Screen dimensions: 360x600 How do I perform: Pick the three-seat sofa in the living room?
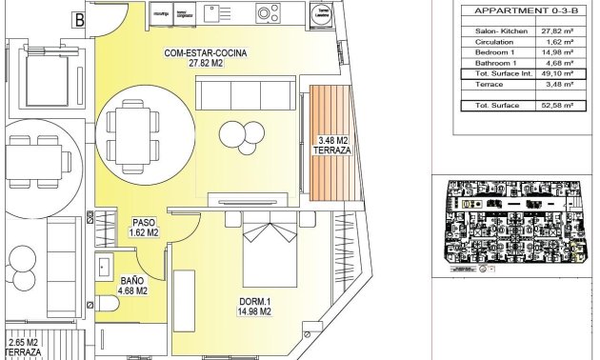(243, 93)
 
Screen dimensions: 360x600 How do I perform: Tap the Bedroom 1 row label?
(493, 52)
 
